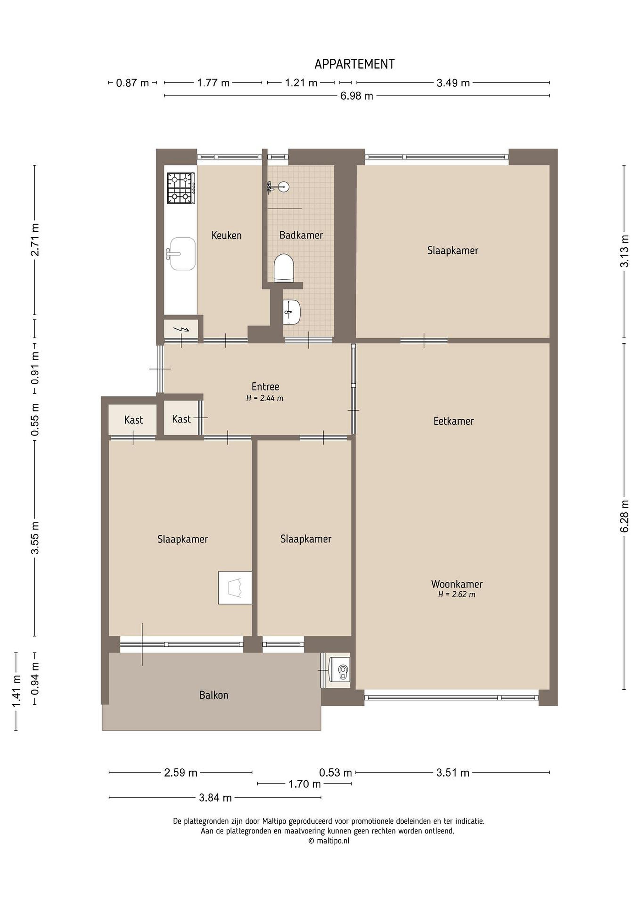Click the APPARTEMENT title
click(354, 64)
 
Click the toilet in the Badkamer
click(284, 268)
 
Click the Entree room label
click(265, 386)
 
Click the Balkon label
click(214, 695)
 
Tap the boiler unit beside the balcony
click(339, 670)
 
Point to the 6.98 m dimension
click(357, 96)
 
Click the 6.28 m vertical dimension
click(624, 516)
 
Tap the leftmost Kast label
click(133, 420)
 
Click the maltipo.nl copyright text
click(329, 841)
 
